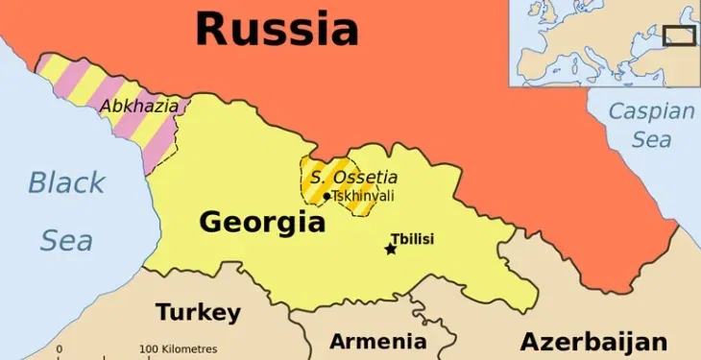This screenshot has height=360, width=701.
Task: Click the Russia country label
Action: [277, 29]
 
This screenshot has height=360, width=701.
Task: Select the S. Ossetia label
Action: [353, 178]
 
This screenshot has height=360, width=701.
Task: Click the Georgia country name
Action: [261, 223]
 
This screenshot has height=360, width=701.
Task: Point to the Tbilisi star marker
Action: [391, 250]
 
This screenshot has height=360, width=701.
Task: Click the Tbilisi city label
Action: [412, 238]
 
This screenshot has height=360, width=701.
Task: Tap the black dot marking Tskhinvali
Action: [326, 197]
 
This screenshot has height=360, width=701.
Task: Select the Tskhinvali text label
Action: [362, 196]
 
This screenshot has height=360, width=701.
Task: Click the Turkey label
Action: [198, 312]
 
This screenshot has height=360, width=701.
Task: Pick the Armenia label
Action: [377, 341]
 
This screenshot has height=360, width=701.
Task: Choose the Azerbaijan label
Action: [593, 342]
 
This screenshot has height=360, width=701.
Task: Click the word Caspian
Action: [651, 111]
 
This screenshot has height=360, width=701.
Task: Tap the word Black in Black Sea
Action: [66, 182]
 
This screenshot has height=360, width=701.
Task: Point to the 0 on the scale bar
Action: [60, 348]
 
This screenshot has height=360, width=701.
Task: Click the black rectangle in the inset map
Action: [680, 36]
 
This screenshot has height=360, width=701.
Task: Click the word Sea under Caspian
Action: [652, 139]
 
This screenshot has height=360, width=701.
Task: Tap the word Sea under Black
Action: [66, 240]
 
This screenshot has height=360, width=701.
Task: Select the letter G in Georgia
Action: [211, 223]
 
